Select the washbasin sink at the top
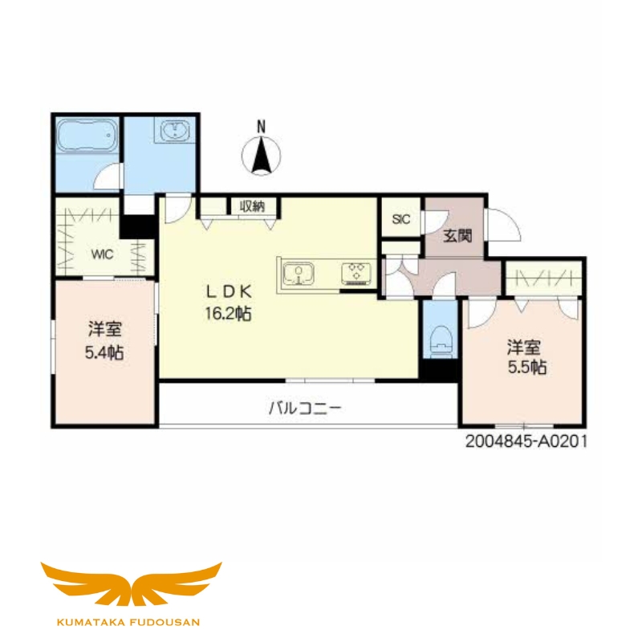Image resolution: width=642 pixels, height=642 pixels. click(174, 130)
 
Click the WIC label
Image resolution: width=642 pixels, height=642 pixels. click(101, 254)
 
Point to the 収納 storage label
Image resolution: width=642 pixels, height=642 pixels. click(252, 206)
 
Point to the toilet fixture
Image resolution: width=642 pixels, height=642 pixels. click(441, 339)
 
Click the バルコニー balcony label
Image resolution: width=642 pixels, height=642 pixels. click(306, 408)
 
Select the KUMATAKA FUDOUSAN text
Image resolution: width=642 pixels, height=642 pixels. click(131, 621)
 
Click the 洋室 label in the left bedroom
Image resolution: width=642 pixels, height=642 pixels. click(105, 329)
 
